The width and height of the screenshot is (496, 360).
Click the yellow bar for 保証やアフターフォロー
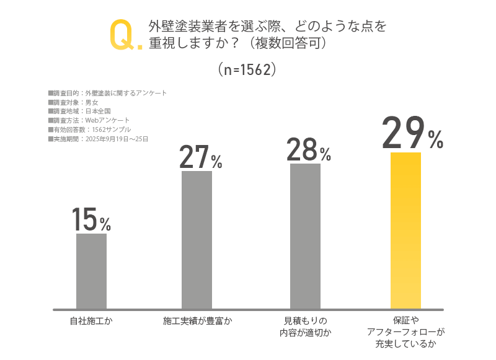405,230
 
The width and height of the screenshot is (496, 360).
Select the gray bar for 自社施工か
91,271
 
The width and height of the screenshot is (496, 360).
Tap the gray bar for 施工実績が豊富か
197,239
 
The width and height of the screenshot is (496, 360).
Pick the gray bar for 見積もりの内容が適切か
305,235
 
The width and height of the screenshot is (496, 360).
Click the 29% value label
412,133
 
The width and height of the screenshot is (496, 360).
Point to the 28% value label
308,151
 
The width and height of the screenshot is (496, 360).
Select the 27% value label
200,157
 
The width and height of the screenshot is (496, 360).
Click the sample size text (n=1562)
247,69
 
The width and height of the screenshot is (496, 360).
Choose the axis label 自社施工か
91,321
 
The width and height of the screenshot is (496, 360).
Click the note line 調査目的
107,93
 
